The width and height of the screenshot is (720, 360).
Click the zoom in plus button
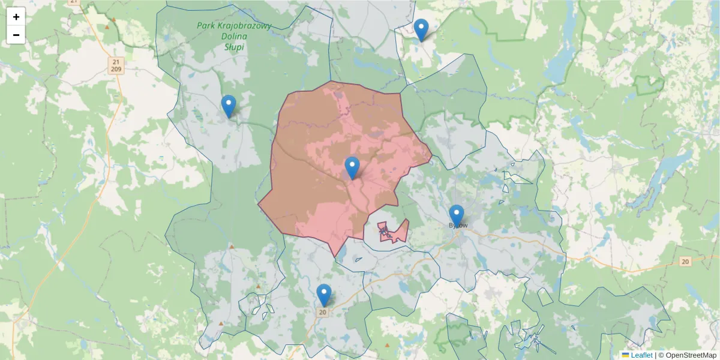16,17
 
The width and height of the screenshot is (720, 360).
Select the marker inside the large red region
352,167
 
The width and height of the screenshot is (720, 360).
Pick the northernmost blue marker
421,29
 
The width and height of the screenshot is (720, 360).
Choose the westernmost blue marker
229,106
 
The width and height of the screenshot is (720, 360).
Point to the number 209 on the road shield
116,70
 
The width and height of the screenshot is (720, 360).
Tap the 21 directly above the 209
116,62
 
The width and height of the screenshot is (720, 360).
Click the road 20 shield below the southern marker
323,312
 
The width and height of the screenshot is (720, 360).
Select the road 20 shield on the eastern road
685,262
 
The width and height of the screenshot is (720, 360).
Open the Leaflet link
641,355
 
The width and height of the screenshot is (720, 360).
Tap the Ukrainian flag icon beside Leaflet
626,355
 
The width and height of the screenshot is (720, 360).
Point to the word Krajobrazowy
245,26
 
